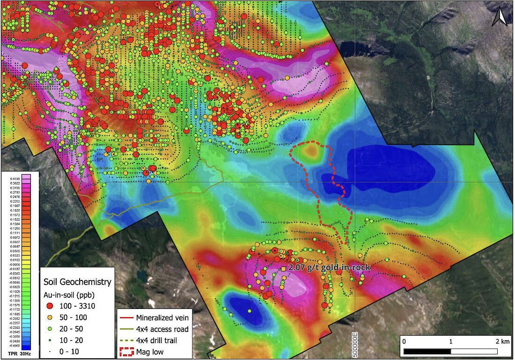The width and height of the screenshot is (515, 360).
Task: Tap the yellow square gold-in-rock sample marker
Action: (283, 269)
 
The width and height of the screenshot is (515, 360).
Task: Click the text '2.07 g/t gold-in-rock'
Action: (330, 267)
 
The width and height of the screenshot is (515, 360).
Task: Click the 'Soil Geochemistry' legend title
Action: (77, 282)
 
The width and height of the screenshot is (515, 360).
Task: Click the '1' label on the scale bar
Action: (451, 342)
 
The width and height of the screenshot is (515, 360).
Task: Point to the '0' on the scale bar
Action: (404, 342)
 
